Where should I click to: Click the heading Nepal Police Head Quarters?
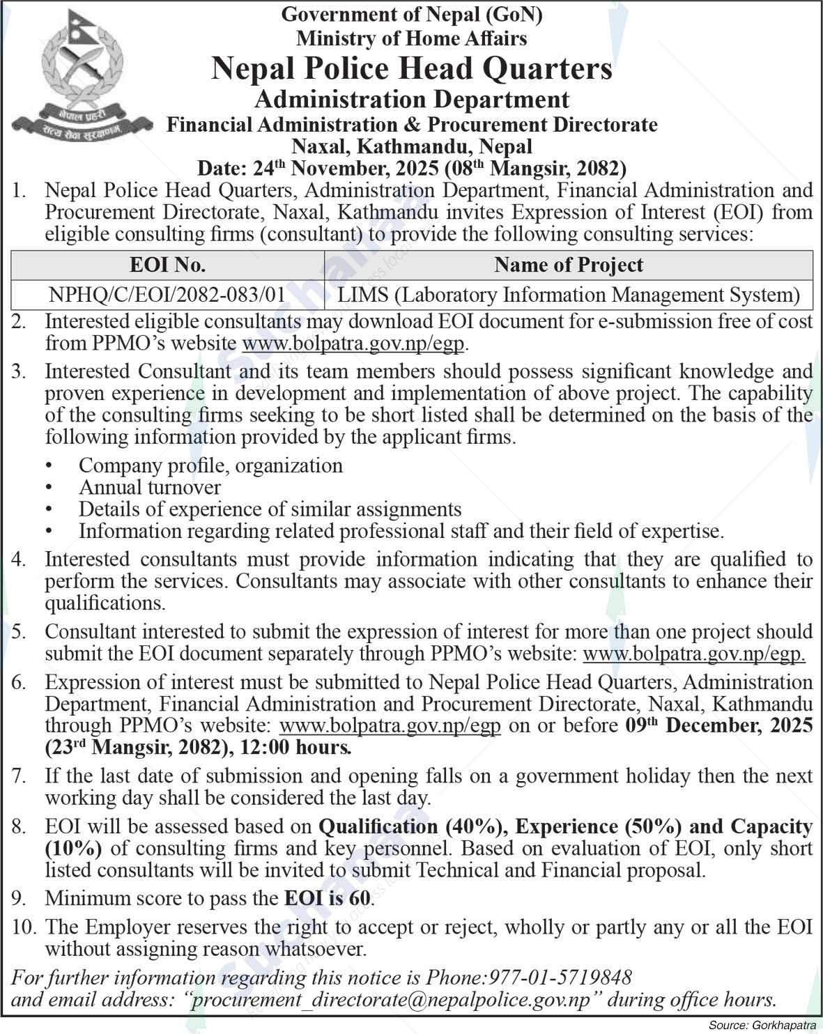(411, 69)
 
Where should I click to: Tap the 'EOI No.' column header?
(167, 265)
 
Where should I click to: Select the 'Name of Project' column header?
(568, 265)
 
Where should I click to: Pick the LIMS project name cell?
(568, 295)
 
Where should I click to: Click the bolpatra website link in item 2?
(353, 344)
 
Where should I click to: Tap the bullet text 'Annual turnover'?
(150, 487)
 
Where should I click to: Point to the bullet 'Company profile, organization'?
(210, 465)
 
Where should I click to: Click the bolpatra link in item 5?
(694, 654)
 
